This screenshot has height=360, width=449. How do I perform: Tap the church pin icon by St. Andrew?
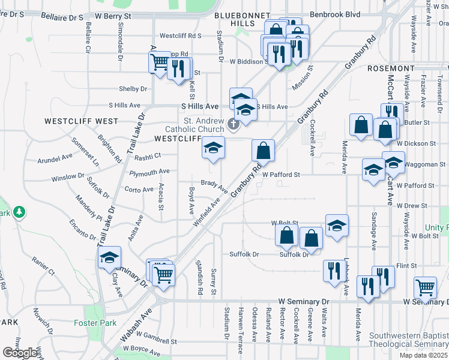coord(234,124)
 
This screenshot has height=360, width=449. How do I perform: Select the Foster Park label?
coord(90,323)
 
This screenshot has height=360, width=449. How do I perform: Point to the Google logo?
coord(20,353)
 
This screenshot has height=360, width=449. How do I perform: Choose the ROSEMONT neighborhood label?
coord(391,69)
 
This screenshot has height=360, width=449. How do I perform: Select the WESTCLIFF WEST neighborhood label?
coord(82,121)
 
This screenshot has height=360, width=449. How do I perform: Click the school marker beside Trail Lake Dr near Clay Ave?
coord(110,257)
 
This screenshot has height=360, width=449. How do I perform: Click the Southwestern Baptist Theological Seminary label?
coord(408,340)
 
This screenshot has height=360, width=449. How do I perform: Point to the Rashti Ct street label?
coord(148,156)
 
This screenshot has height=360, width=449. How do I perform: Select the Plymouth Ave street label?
coord(149,172)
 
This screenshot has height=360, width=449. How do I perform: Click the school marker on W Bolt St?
coord(337,225)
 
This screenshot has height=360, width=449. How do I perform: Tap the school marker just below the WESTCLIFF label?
coord(212,148)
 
